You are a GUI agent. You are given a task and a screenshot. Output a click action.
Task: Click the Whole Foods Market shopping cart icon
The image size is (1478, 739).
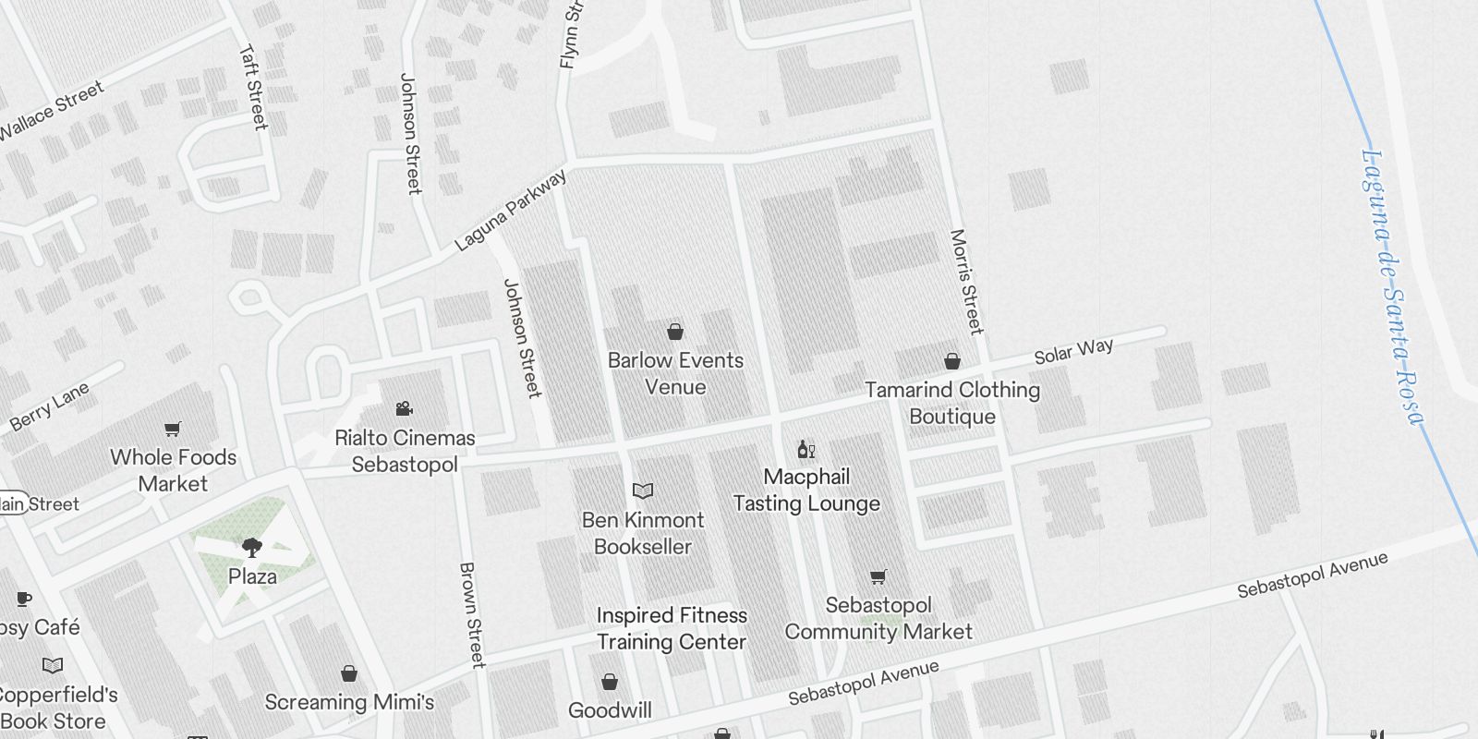(173, 429)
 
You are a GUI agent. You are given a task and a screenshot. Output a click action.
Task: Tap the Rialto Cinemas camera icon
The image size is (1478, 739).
(404, 409)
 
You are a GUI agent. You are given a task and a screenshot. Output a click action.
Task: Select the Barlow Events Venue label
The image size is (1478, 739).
(675, 373)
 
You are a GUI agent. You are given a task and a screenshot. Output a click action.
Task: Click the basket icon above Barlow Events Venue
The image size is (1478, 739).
(675, 332)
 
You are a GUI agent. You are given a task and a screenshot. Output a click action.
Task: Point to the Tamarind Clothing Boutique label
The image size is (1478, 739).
(952, 403)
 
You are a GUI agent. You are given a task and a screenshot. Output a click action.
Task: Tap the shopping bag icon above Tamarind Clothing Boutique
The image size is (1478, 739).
(952, 361)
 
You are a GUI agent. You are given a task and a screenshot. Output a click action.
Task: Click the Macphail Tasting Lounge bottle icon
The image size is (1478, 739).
(806, 449)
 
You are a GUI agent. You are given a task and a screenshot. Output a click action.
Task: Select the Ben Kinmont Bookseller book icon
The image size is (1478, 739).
(643, 491)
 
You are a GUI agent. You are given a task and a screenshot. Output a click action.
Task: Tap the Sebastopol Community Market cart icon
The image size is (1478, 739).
(878, 577)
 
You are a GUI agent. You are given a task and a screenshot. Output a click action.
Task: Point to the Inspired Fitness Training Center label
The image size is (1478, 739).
(672, 628)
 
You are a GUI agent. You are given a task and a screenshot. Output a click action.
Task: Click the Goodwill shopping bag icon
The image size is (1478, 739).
(610, 683)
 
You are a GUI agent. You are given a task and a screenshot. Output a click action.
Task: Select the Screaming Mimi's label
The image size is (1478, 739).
(349, 702)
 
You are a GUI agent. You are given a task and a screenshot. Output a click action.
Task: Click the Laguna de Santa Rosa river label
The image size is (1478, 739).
(1393, 286)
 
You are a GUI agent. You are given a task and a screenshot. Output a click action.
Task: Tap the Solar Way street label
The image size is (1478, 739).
(1073, 351)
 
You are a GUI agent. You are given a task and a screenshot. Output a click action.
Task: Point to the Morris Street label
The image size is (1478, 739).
(965, 282)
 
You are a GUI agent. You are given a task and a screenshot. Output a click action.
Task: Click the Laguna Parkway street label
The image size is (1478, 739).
(511, 211)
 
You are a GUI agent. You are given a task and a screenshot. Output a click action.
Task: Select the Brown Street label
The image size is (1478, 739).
(471, 614)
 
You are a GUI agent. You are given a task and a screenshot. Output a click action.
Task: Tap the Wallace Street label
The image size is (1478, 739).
(52, 111)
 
